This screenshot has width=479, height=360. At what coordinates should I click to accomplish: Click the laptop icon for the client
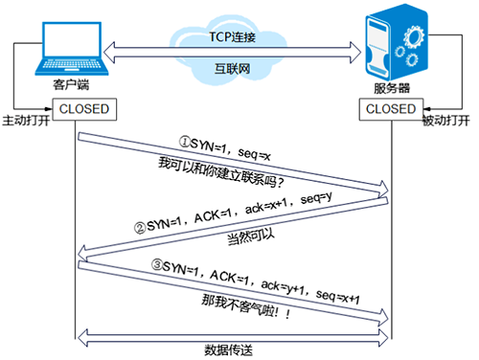coord(66,52)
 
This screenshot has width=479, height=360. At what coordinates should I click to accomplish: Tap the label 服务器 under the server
coord(395,91)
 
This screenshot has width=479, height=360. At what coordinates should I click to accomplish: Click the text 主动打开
coord(26,123)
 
